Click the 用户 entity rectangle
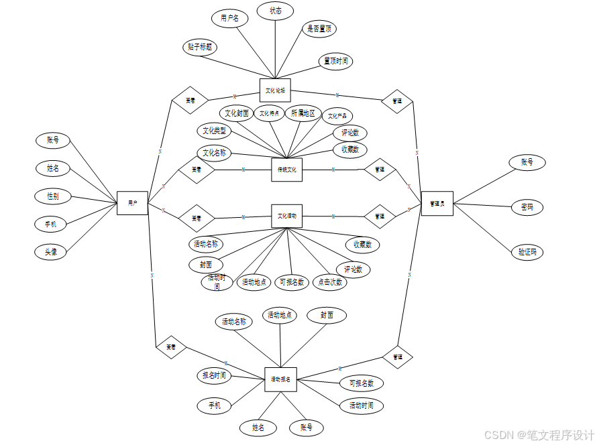(x=132, y=202)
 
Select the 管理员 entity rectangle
(x=437, y=203)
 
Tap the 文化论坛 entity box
(x=275, y=90)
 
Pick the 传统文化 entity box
(x=286, y=170)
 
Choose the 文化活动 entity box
(x=286, y=216)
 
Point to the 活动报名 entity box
(x=280, y=379)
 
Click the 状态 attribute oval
(x=275, y=11)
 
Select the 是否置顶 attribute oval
(x=319, y=29)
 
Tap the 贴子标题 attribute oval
(x=200, y=47)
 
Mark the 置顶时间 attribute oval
(x=335, y=61)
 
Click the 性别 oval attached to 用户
(x=52, y=196)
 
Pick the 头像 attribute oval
(x=52, y=252)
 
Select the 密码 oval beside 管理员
(x=527, y=207)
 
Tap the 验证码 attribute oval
(x=527, y=252)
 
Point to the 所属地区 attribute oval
(x=303, y=113)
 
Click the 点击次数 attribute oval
(x=330, y=282)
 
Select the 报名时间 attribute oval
(x=214, y=375)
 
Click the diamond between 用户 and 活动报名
(x=170, y=346)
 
